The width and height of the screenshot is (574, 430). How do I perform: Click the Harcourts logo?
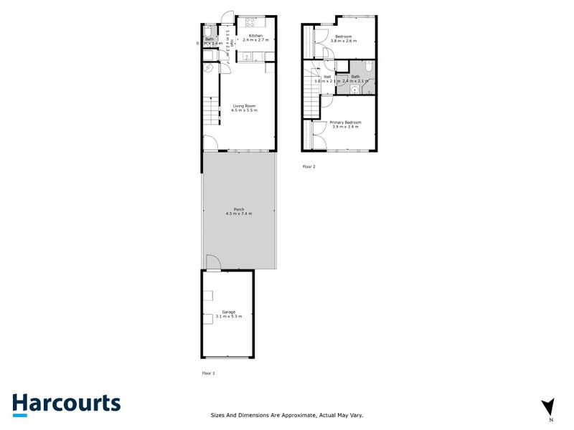pyautogui.click(x=66, y=403)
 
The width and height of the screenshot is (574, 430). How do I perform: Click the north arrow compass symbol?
pyautogui.click(x=549, y=406)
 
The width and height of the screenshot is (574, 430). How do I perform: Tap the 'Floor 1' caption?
pyautogui.click(x=208, y=373)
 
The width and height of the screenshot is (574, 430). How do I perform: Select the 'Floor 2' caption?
pyautogui.click(x=309, y=166)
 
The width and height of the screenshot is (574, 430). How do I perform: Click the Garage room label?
pyautogui.click(x=228, y=312)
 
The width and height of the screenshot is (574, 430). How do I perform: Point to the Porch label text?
pyautogui.click(x=238, y=209)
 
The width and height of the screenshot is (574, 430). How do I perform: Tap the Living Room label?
pyautogui.click(x=243, y=106)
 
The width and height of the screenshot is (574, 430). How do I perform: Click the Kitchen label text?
pyautogui.click(x=256, y=35)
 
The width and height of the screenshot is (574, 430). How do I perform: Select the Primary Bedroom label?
pyautogui.click(x=345, y=123)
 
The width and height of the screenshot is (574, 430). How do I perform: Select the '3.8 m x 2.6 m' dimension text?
pyautogui.click(x=344, y=41)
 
